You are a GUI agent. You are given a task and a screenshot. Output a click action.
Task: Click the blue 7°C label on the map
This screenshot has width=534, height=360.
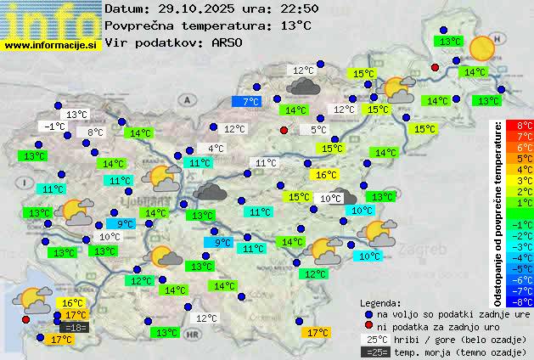point(250,102)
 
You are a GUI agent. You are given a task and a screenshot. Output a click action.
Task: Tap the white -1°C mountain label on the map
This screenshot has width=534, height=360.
point(55,127)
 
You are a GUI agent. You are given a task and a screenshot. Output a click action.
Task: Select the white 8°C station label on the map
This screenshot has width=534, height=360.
point(94,132)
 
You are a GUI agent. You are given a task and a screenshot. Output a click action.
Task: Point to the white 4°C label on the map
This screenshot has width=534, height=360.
point(216,149)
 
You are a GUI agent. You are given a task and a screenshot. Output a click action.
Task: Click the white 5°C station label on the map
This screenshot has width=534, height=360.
point(318,130)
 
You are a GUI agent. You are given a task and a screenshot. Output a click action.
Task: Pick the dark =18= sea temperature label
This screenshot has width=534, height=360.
point(75,328)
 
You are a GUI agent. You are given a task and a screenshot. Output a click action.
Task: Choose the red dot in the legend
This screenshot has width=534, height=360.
point(368,326)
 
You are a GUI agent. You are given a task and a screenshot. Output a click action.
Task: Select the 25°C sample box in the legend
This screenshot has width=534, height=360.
point(375,339)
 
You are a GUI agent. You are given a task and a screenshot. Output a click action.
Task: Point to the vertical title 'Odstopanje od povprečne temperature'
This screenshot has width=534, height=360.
point(498,212)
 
